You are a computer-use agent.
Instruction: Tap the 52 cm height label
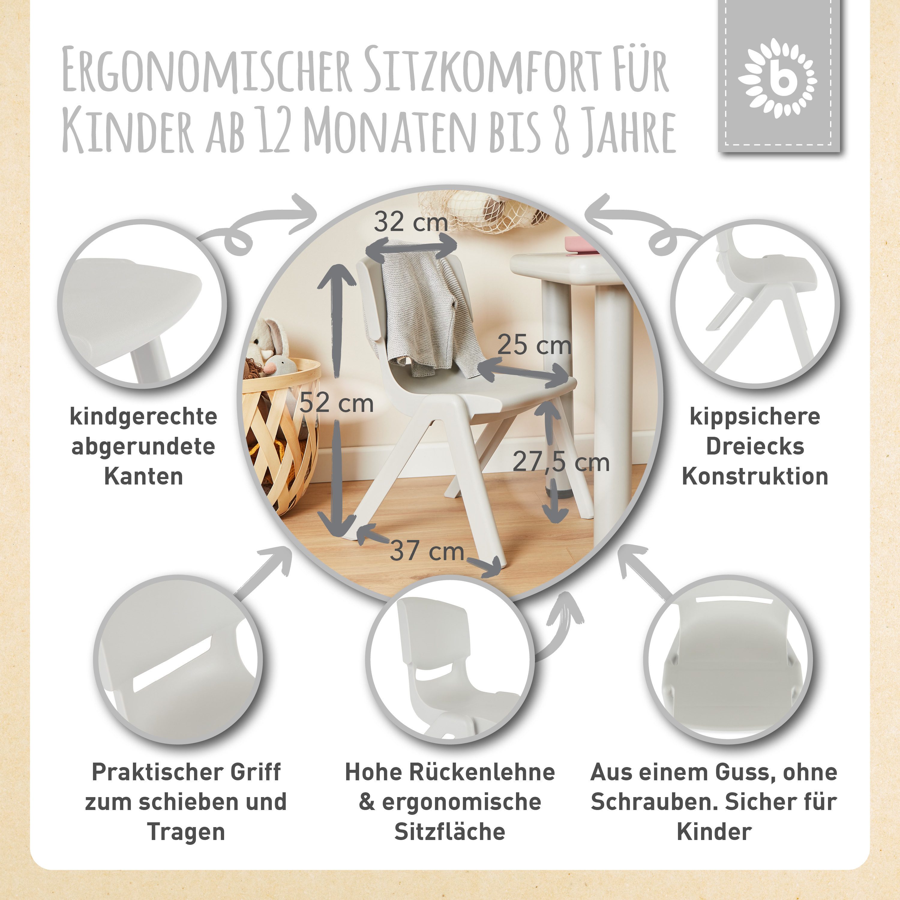(x=336, y=403)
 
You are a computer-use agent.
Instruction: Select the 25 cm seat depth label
(x=534, y=345)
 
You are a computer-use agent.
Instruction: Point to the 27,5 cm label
(x=561, y=463)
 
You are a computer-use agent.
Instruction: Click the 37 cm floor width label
(x=427, y=551)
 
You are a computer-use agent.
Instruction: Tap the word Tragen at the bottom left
(x=186, y=832)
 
